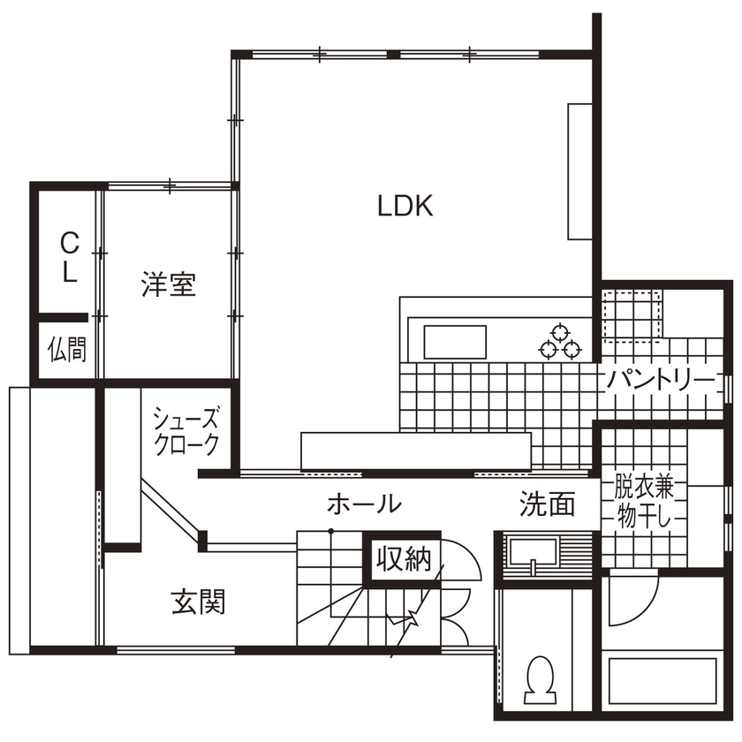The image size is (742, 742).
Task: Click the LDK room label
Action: click(405, 206)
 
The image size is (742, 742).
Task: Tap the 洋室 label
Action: click(168, 284)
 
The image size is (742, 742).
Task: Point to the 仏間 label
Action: click(67, 350)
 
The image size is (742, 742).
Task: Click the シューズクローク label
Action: click(185, 431)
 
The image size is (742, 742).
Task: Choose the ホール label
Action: click(364, 504)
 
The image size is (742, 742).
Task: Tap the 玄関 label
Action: click(198, 602)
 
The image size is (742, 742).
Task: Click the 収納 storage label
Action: click(404, 558)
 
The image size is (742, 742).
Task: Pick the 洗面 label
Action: click(547, 504)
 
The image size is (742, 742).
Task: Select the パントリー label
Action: click(660, 381)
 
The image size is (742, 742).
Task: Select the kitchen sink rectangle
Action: click(455, 342)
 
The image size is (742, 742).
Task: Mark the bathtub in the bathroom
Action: click(662, 680)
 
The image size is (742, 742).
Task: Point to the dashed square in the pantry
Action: click(632, 314)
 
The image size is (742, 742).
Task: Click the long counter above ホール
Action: click(415, 450)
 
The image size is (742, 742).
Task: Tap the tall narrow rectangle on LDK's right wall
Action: click(579, 170)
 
